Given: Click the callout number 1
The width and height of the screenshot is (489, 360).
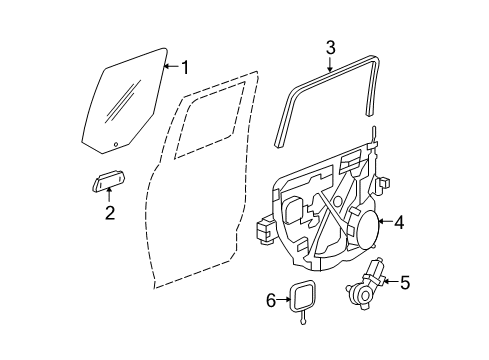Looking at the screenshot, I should (x=184, y=67).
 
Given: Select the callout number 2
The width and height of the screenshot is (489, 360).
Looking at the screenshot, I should (x=110, y=211).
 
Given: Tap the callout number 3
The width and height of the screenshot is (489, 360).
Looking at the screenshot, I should (x=331, y=46).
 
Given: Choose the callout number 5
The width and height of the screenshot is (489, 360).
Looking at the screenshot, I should (x=404, y=282).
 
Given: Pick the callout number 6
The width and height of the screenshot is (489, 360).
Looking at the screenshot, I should (x=271, y=299).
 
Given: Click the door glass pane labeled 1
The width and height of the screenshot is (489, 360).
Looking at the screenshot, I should (x=130, y=100).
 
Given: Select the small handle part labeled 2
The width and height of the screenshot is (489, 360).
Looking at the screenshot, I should (x=107, y=181).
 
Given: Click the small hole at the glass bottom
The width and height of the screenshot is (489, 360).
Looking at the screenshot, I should (x=116, y=144).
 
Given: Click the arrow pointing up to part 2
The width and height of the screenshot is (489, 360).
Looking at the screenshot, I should (x=110, y=196).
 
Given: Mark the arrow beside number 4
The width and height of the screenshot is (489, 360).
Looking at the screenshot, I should (x=385, y=224).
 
